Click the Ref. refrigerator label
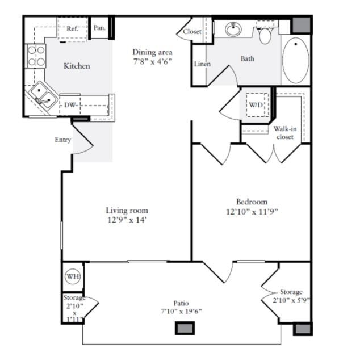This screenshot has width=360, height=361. coord(72,28)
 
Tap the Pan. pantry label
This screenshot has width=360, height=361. coord(99,28)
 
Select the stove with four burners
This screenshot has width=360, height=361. coord(36,56)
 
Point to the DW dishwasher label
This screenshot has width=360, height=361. coord(70,105)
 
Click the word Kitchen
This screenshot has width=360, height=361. coord(77,66)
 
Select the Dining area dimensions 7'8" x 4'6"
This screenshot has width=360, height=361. coord(153,61)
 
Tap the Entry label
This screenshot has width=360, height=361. coord(63,140)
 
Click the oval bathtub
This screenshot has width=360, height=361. coord(296,60)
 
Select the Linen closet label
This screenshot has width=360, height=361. coord(203,64)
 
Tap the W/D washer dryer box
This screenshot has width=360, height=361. coord(257,105)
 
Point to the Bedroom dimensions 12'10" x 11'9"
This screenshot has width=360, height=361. coord(252,212)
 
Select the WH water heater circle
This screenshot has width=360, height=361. coord(73,276)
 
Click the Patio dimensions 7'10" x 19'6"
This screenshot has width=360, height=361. coord(181,310)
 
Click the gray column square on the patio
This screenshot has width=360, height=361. coord(185,328)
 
